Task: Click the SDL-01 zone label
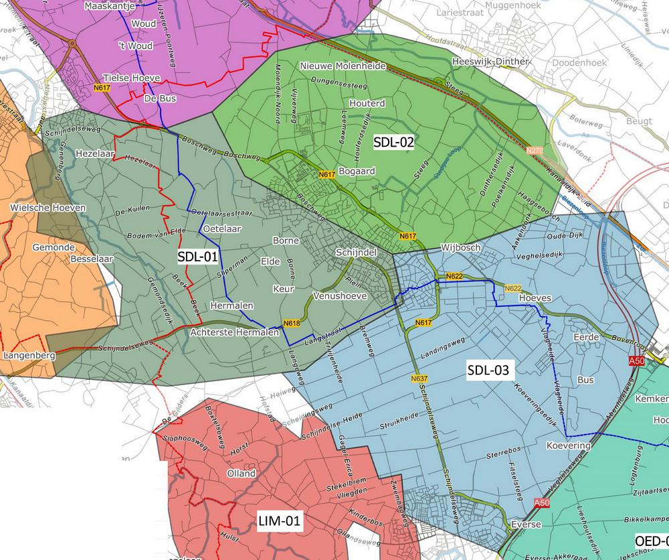tap(197, 257)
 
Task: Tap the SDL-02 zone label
tap(393, 141)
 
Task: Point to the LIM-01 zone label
tap(279, 520)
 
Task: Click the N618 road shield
tap(291, 324)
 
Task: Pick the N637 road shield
tap(419, 378)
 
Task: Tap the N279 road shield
tap(535, 151)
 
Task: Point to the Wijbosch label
tap(461, 248)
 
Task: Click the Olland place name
tap(242, 473)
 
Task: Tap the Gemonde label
tap(54, 247)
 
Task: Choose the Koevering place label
tap(569, 445)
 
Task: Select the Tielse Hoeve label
tap(132, 78)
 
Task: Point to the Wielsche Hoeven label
tap(48, 208)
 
